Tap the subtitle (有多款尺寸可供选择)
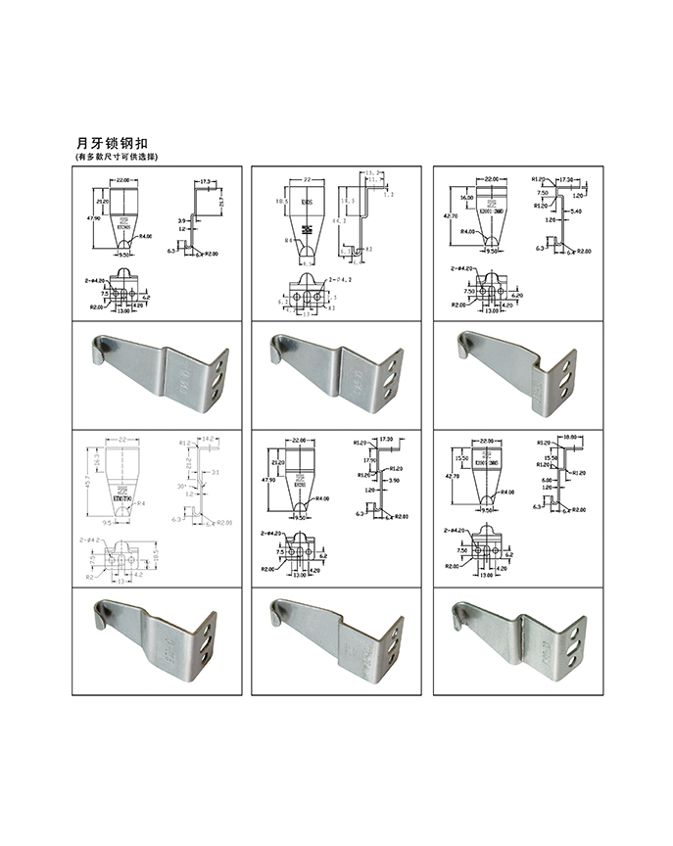117,158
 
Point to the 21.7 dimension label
221,201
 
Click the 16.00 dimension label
467,197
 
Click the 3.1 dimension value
215,474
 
